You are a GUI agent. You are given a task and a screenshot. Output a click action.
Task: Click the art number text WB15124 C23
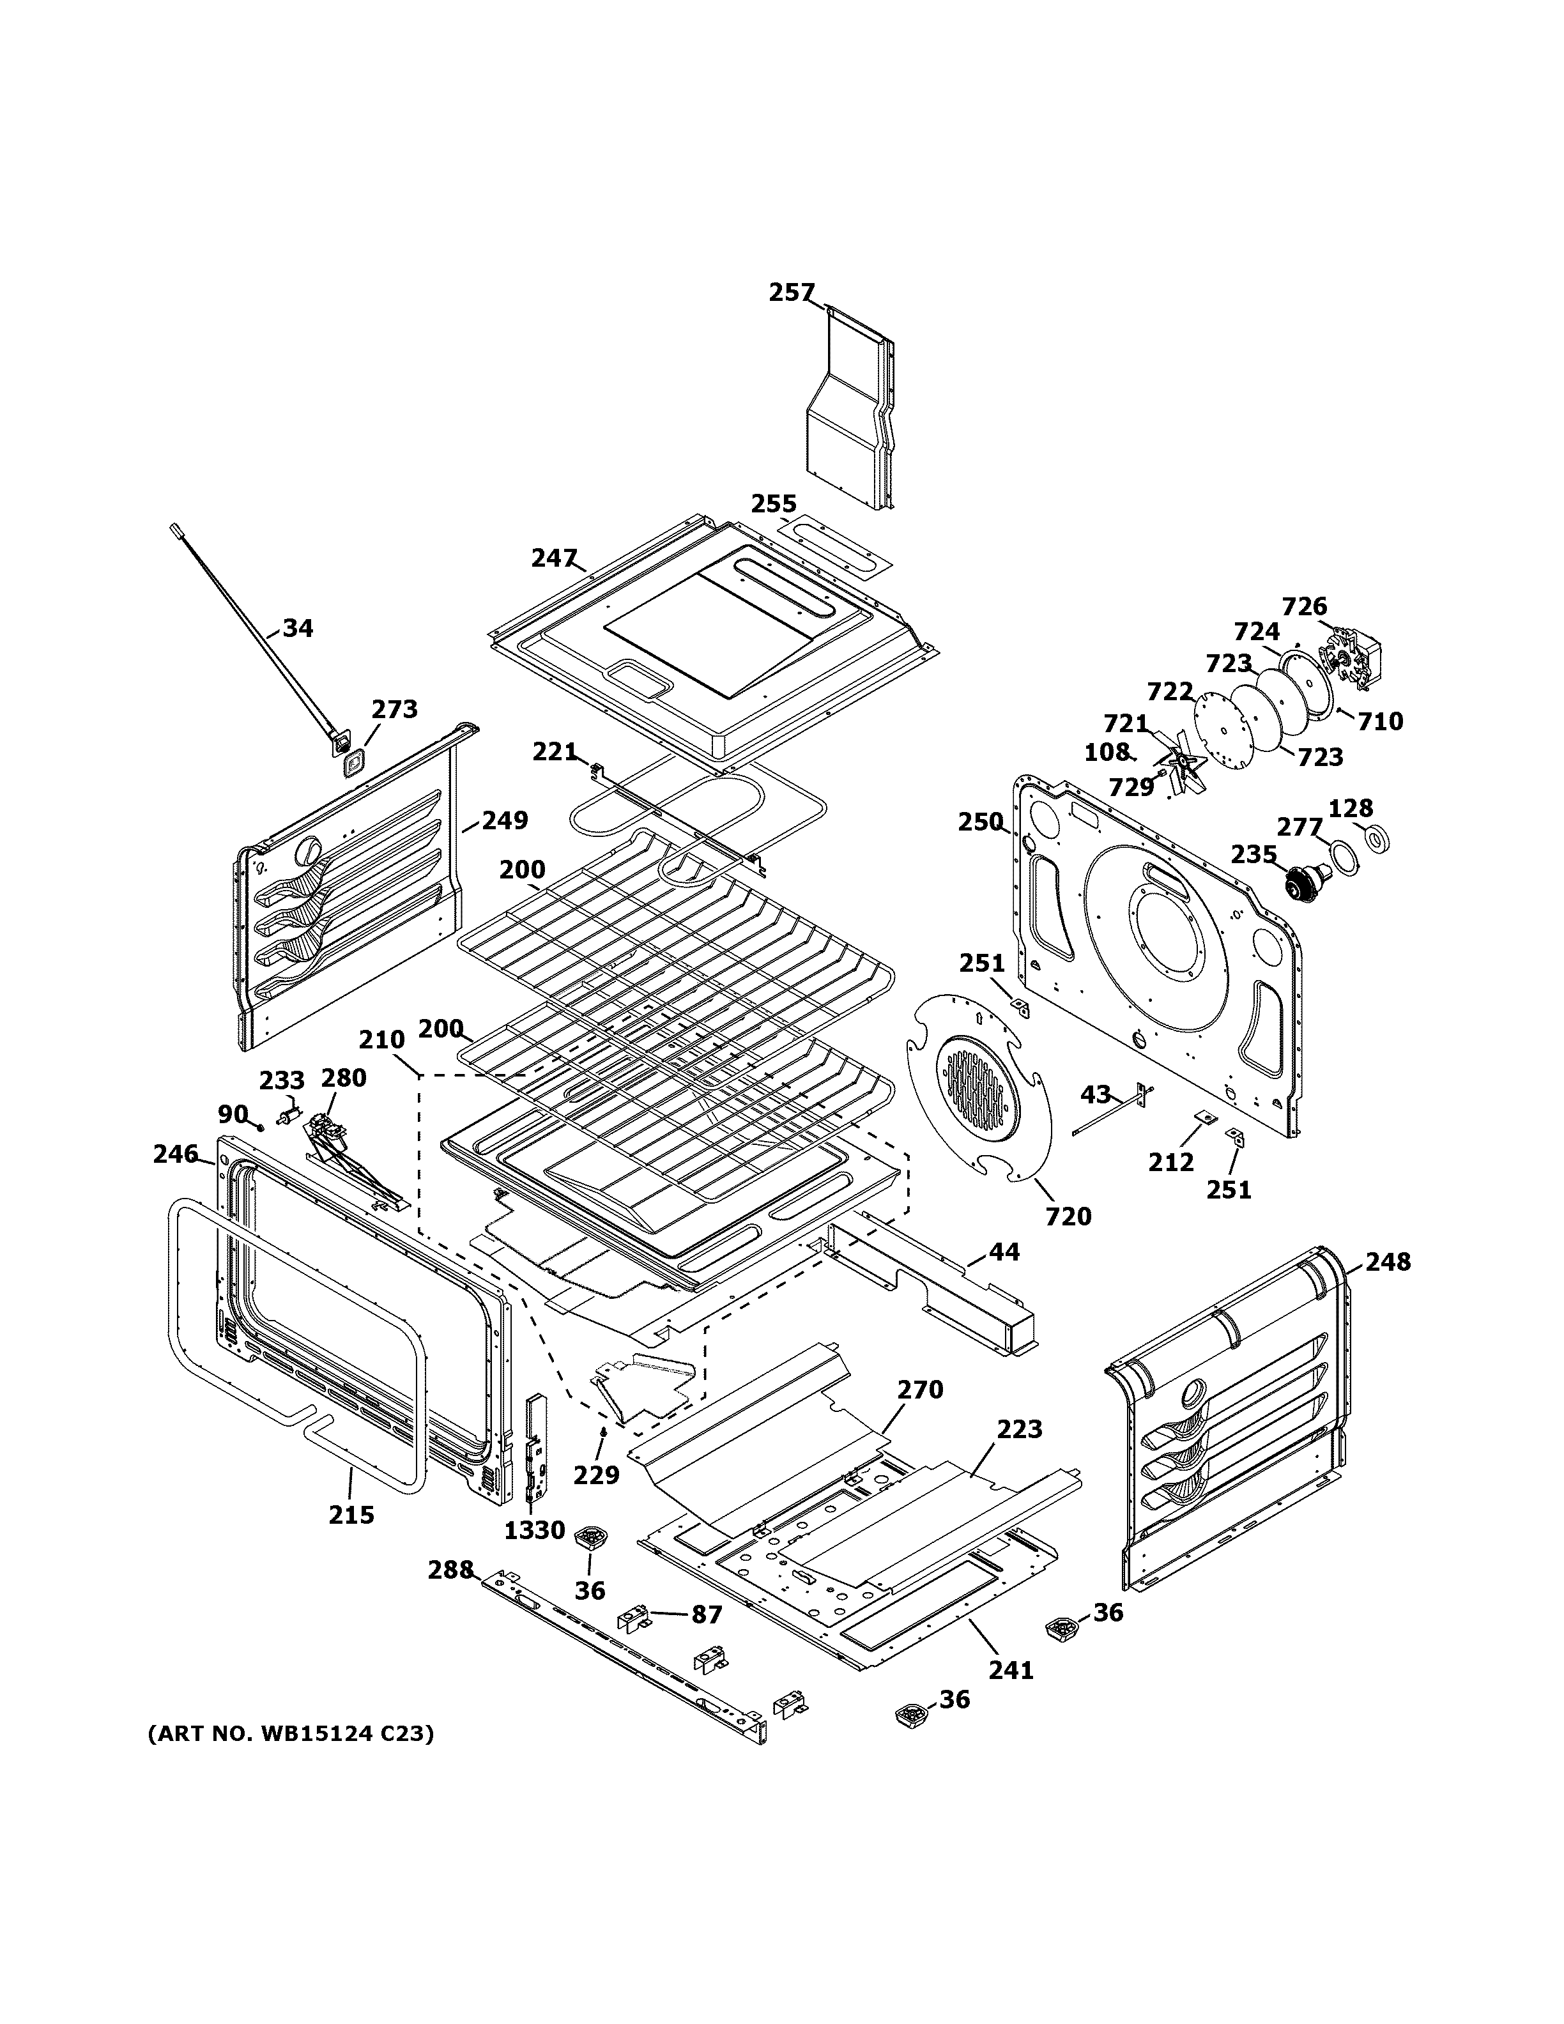[290, 1733]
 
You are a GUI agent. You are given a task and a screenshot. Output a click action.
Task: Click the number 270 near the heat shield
[919, 1415]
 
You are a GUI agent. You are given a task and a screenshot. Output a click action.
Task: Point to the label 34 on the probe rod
[298, 628]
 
